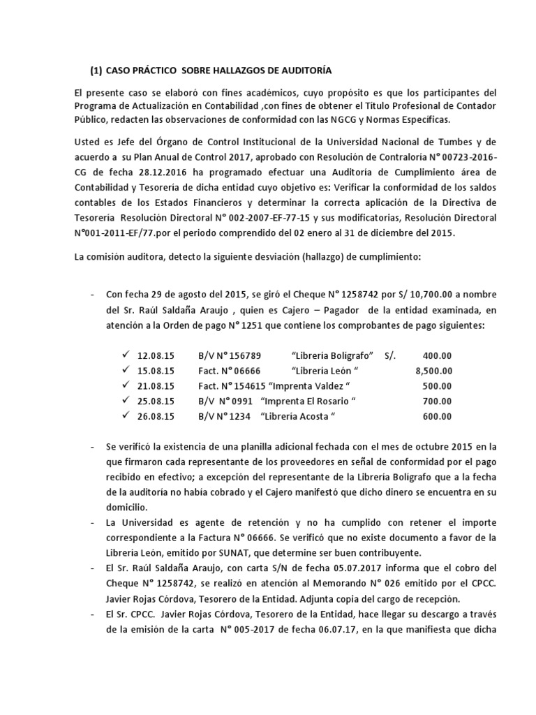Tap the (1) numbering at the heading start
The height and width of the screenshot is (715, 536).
[96, 71]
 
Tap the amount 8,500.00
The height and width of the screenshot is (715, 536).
[433, 371]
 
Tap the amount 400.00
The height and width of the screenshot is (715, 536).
[437, 355]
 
